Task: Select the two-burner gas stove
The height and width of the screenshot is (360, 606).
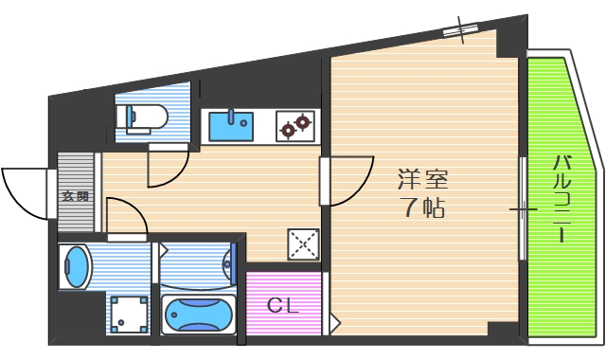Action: pos(294,125)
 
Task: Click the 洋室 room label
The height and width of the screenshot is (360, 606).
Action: pos(422,177)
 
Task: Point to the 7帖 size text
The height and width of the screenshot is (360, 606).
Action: pos(422,207)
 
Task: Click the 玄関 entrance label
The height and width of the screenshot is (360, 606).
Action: pos(76,197)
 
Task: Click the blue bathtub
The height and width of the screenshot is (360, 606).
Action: pos(198,313)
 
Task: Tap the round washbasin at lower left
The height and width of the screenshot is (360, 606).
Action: pos(75,266)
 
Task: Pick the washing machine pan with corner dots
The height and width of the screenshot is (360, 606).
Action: pos(129,314)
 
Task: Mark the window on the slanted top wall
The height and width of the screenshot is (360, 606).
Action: pos(461,29)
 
